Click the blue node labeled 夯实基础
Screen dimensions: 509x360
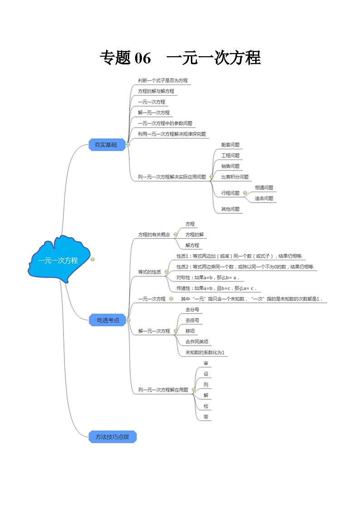[x=106, y=145]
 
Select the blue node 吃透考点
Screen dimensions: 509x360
[x=108, y=320]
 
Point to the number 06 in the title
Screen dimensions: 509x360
[x=142, y=58]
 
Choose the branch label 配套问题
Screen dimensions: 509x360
[x=230, y=145]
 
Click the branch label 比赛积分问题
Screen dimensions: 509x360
[x=235, y=177]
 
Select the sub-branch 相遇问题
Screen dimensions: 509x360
[x=264, y=188]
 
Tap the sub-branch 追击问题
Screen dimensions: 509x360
[x=264, y=198]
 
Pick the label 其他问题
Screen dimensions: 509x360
[x=230, y=209]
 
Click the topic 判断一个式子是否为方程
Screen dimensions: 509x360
[x=163, y=81]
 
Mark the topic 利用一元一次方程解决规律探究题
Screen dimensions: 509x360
[x=172, y=134]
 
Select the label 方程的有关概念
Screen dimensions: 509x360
[x=154, y=235]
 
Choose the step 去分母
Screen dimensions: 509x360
[x=192, y=310]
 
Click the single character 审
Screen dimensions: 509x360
[x=206, y=364]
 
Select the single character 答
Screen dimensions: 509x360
[x=206, y=417]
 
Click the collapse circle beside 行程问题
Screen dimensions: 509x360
[x=245, y=193]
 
